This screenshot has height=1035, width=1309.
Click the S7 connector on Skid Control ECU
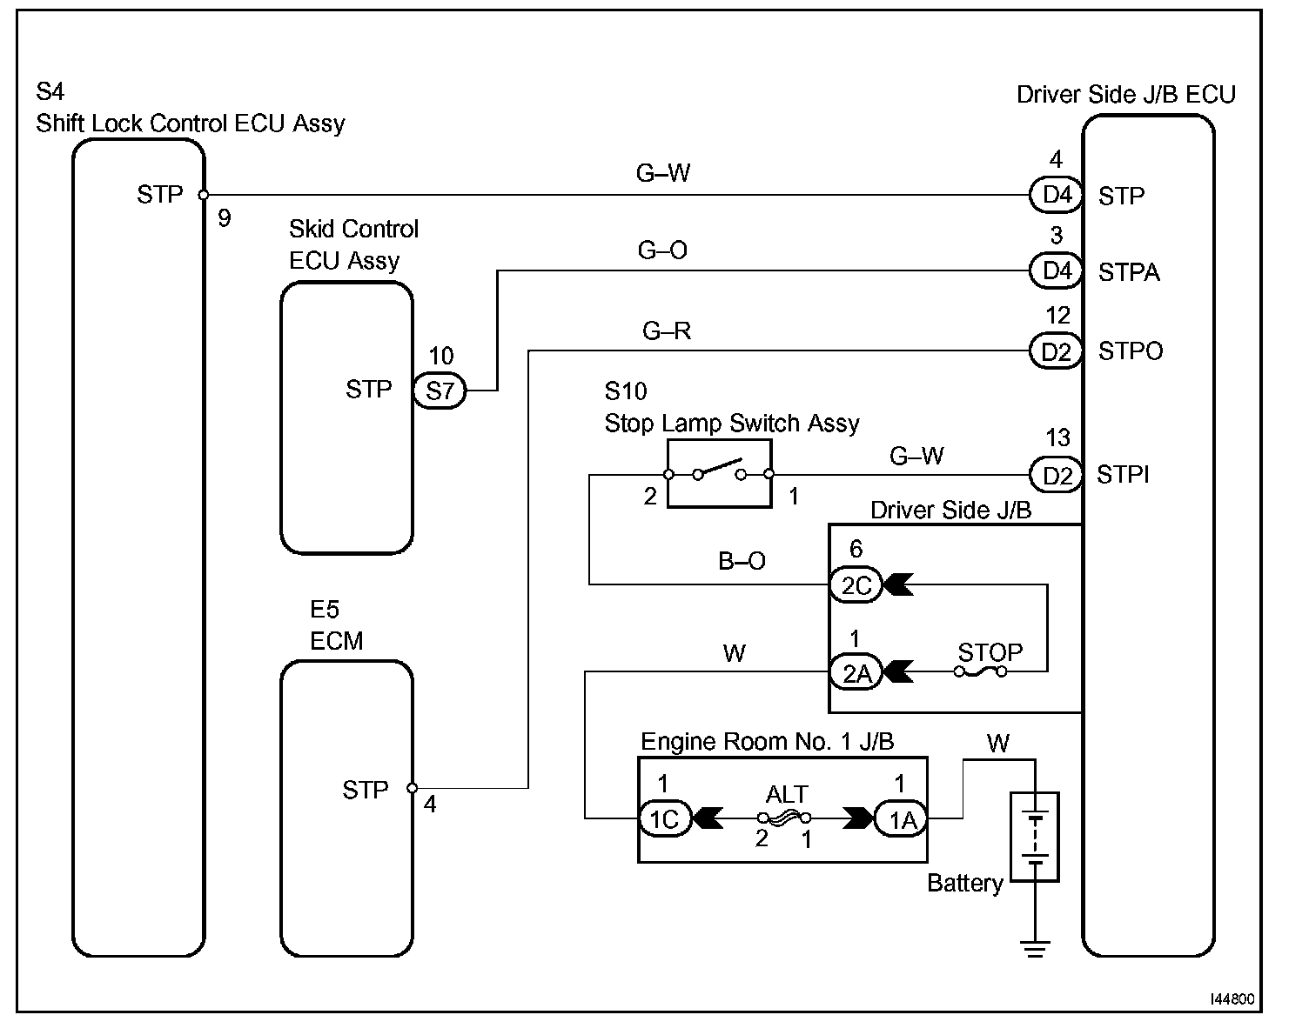click(440, 391)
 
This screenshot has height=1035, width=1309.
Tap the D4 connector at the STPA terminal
click(1056, 270)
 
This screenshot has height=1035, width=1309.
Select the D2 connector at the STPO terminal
click(1056, 351)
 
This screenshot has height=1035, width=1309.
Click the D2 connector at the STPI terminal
click(1056, 475)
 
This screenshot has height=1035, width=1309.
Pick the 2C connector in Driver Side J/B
click(856, 584)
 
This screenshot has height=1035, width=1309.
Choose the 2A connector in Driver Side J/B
click(856, 672)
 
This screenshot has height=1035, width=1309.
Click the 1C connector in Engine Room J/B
click(665, 818)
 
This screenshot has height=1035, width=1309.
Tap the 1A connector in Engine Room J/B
click(901, 818)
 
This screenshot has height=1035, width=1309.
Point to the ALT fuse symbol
click(784, 818)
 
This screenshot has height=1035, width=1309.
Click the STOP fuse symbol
click(980, 671)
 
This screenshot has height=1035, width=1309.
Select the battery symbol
click(1035, 837)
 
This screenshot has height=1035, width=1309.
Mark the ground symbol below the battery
click(1035, 949)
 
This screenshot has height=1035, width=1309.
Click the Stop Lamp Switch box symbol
click(720, 473)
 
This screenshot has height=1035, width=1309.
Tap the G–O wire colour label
click(662, 250)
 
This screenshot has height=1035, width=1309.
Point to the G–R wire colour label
click(667, 331)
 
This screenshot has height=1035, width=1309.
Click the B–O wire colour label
click(742, 560)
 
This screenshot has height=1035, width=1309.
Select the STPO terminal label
click(1131, 351)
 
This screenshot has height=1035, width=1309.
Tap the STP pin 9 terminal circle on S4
click(204, 195)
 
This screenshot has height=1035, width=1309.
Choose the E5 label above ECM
click(325, 609)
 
